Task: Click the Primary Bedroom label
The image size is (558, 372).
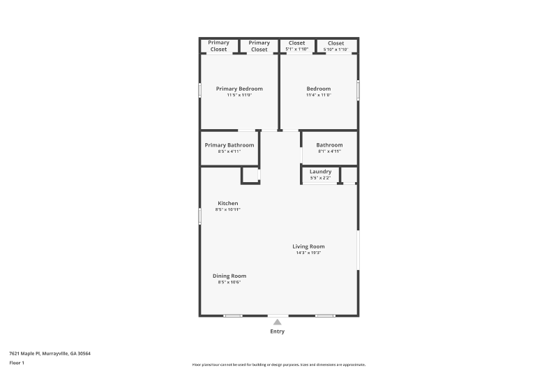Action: point(239,89)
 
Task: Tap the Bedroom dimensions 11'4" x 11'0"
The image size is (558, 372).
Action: point(319,95)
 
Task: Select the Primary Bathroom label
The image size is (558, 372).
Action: point(229,145)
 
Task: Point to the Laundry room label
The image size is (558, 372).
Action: point(321,172)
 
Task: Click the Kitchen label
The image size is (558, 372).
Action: point(228,203)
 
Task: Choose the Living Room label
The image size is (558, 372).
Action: point(308,246)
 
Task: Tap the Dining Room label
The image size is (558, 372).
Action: point(229,276)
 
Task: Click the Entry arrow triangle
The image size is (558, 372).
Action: point(278,322)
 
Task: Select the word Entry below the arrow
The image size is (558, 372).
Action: point(278,332)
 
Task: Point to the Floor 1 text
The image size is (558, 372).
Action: point(17,363)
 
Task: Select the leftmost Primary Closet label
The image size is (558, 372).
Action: point(219,46)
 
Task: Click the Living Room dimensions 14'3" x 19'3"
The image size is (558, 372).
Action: point(308,253)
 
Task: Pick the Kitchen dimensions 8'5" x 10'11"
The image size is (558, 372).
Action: point(228,209)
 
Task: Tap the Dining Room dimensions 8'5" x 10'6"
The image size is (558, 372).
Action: point(229,282)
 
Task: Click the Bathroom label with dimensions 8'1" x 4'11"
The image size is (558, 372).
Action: point(329,145)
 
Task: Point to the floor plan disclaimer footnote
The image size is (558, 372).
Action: point(279,364)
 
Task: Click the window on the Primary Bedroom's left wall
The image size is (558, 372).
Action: point(199,90)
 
